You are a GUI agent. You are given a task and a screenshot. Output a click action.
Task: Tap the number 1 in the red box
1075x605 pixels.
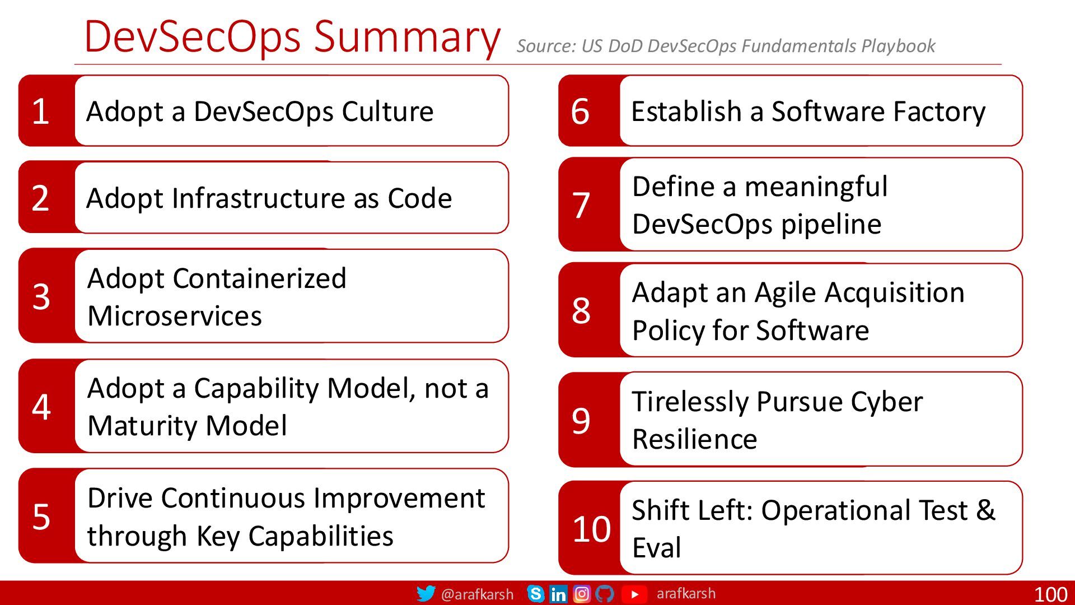40,111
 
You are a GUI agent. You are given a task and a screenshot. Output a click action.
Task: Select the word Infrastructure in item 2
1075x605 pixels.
259,198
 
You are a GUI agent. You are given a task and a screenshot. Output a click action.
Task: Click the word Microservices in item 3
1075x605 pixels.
175,315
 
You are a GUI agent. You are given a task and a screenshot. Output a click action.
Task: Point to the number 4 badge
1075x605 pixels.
41,406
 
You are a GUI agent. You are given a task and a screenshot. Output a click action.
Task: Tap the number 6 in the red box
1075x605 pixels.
580,111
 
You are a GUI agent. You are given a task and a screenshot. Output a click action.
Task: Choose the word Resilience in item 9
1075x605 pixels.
695,439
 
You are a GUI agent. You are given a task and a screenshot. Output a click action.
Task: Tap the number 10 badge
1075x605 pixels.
591,528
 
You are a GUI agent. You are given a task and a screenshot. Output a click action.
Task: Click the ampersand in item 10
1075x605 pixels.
986,510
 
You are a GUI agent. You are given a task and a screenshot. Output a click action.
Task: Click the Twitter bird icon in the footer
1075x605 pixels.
426,593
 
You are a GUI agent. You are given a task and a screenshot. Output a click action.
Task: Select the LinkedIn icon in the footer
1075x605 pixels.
558,594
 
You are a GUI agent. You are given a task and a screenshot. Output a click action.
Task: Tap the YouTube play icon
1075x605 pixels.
634,594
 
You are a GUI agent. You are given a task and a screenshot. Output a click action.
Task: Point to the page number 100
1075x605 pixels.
1051,594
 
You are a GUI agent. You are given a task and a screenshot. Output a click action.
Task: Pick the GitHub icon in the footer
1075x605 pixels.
605,594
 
